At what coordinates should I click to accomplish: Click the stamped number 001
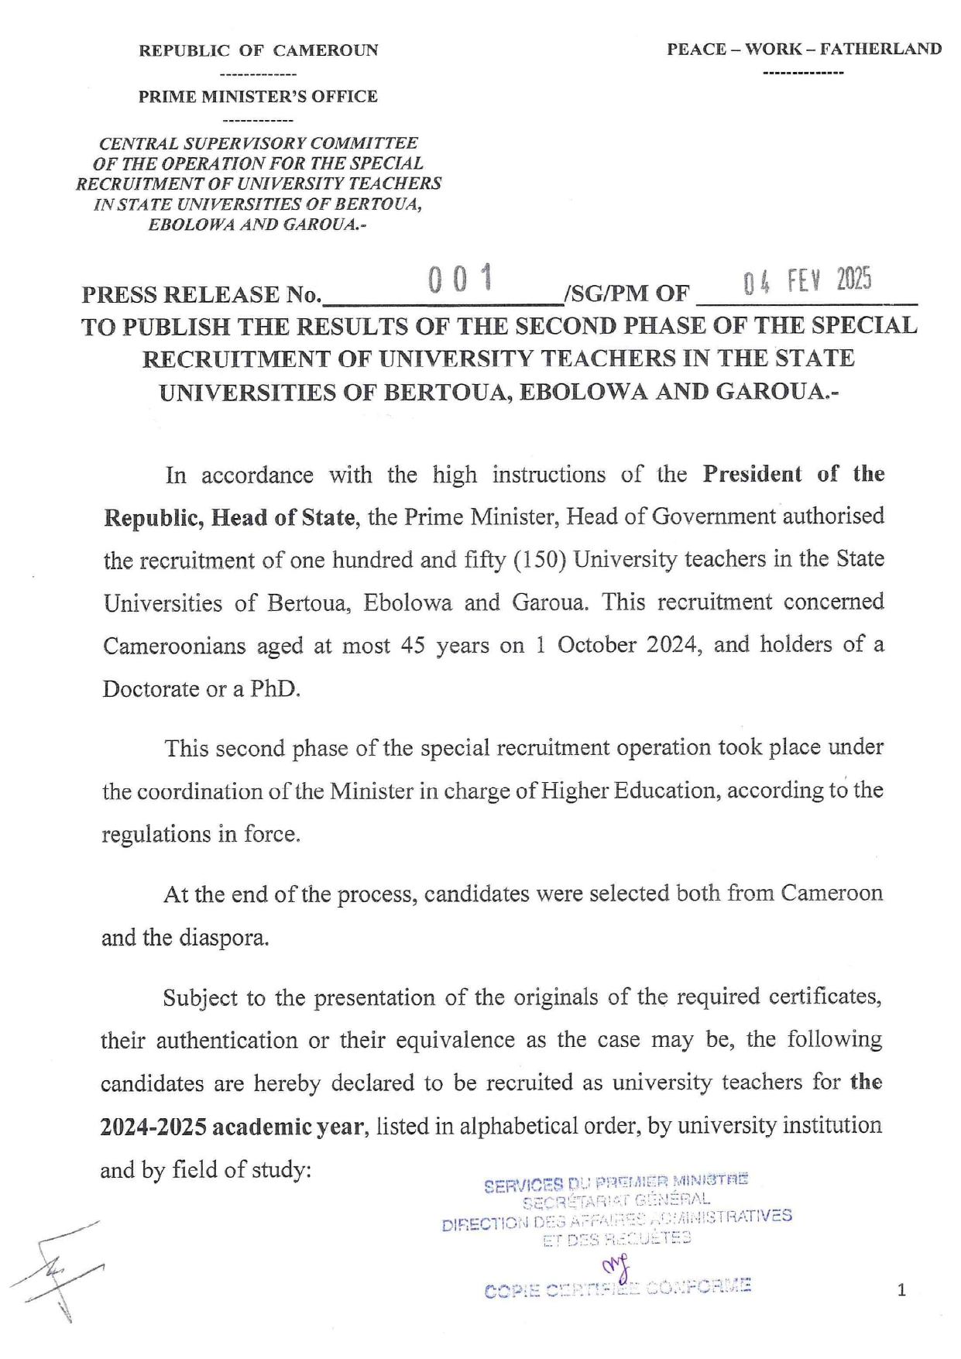click(462, 278)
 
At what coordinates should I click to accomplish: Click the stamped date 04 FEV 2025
click(807, 281)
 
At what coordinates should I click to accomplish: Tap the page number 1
click(901, 1290)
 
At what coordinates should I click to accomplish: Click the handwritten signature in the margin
click(58, 1269)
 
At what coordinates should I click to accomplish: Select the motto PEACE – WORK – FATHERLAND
click(804, 50)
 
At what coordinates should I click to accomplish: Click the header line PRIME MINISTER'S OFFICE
click(258, 97)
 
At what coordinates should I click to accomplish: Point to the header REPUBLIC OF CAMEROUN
click(258, 51)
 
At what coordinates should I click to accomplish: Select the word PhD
click(275, 688)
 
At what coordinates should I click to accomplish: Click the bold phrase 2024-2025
click(153, 1126)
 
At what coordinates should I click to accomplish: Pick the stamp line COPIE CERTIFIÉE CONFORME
click(617, 1289)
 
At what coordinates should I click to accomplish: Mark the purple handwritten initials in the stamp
click(617, 1266)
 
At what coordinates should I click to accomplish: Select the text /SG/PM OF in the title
click(627, 293)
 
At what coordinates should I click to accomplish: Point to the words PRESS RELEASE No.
click(201, 295)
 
